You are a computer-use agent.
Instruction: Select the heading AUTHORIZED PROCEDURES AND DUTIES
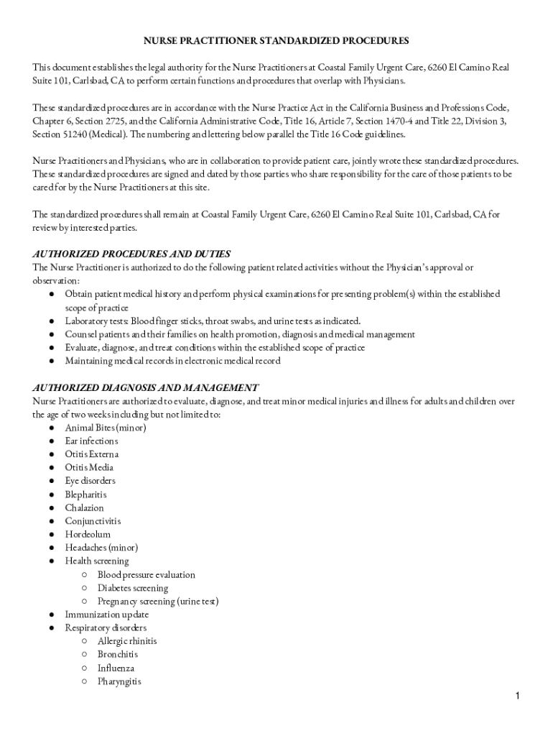[x=131, y=254]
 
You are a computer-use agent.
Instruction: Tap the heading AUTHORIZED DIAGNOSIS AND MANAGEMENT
[x=145, y=387]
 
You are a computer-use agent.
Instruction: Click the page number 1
[x=516, y=696]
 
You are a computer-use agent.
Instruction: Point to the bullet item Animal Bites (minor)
[x=106, y=428]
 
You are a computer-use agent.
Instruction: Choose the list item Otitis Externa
[x=92, y=454]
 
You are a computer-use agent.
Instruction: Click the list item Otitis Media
[x=89, y=467]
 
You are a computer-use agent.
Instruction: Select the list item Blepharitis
[x=85, y=494]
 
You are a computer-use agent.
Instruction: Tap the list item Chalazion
[x=84, y=507]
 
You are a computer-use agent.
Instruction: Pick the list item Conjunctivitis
[x=93, y=521]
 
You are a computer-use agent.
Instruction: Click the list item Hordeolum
[x=88, y=534]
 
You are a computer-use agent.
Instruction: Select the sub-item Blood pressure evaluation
[x=147, y=575]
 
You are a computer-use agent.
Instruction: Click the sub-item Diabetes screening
[x=133, y=588]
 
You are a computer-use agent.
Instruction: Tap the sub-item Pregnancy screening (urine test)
[x=158, y=601]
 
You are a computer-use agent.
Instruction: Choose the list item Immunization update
[x=107, y=615]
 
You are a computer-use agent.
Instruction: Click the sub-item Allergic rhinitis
[x=127, y=641]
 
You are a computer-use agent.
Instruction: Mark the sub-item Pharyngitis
[x=119, y=681]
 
